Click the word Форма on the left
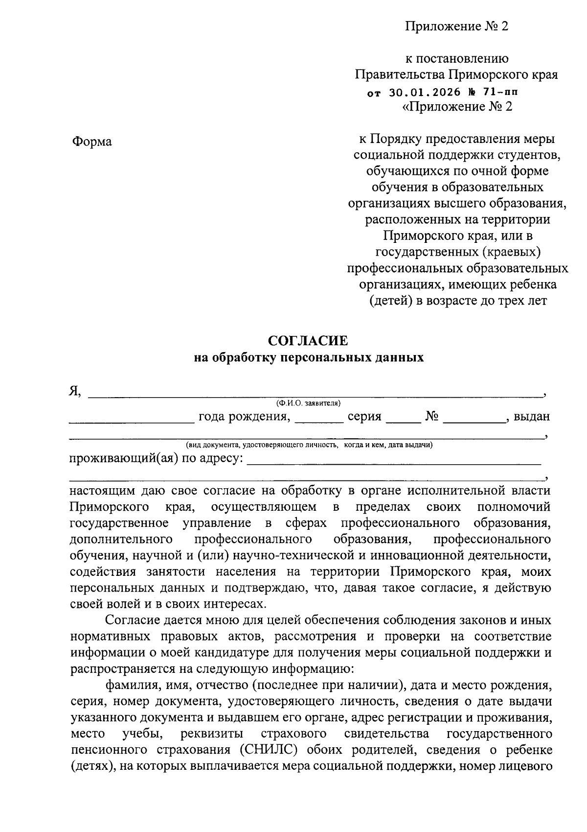pyautogui.click(x=92, y=142)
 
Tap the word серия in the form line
pyautogui.click(x=364, y=417)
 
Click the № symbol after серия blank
pyautogui.click(x=431, y=417)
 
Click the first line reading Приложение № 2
pyautogui.click(x=456, y=26)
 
